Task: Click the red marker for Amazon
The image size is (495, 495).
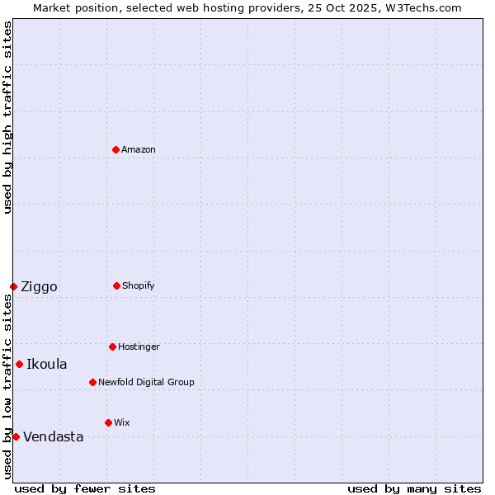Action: tap(115, 149)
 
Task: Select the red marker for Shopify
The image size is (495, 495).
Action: tap(116, 285)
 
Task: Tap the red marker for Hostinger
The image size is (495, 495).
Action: tap(112, 346)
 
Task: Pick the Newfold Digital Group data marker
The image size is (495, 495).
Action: tap(92, 382)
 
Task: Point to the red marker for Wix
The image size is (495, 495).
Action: tap(108, 422)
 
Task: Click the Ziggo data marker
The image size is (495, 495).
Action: tap(13, 286)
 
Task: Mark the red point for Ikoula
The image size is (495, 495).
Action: tap(19, 364)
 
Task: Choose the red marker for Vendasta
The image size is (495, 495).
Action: tap(16, 436)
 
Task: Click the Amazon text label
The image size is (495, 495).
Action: tap(139, 149)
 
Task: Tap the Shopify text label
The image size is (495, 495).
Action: tap(139, 285)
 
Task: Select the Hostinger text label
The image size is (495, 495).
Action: tap(139, 346)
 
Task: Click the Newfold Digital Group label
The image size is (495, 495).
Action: tap(146, 382)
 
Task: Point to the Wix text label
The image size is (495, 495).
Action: tap(122, 422)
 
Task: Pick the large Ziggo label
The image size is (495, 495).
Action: tap(39, 287)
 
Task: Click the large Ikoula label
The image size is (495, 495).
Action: tap(47, 365)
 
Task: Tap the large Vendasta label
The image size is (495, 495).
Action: tap(54, 437)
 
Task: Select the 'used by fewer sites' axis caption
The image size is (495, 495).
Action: tap(85, 488)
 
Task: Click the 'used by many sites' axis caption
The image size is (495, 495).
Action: tap(414, 488)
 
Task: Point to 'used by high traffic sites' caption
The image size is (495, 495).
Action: tap(7, 117)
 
